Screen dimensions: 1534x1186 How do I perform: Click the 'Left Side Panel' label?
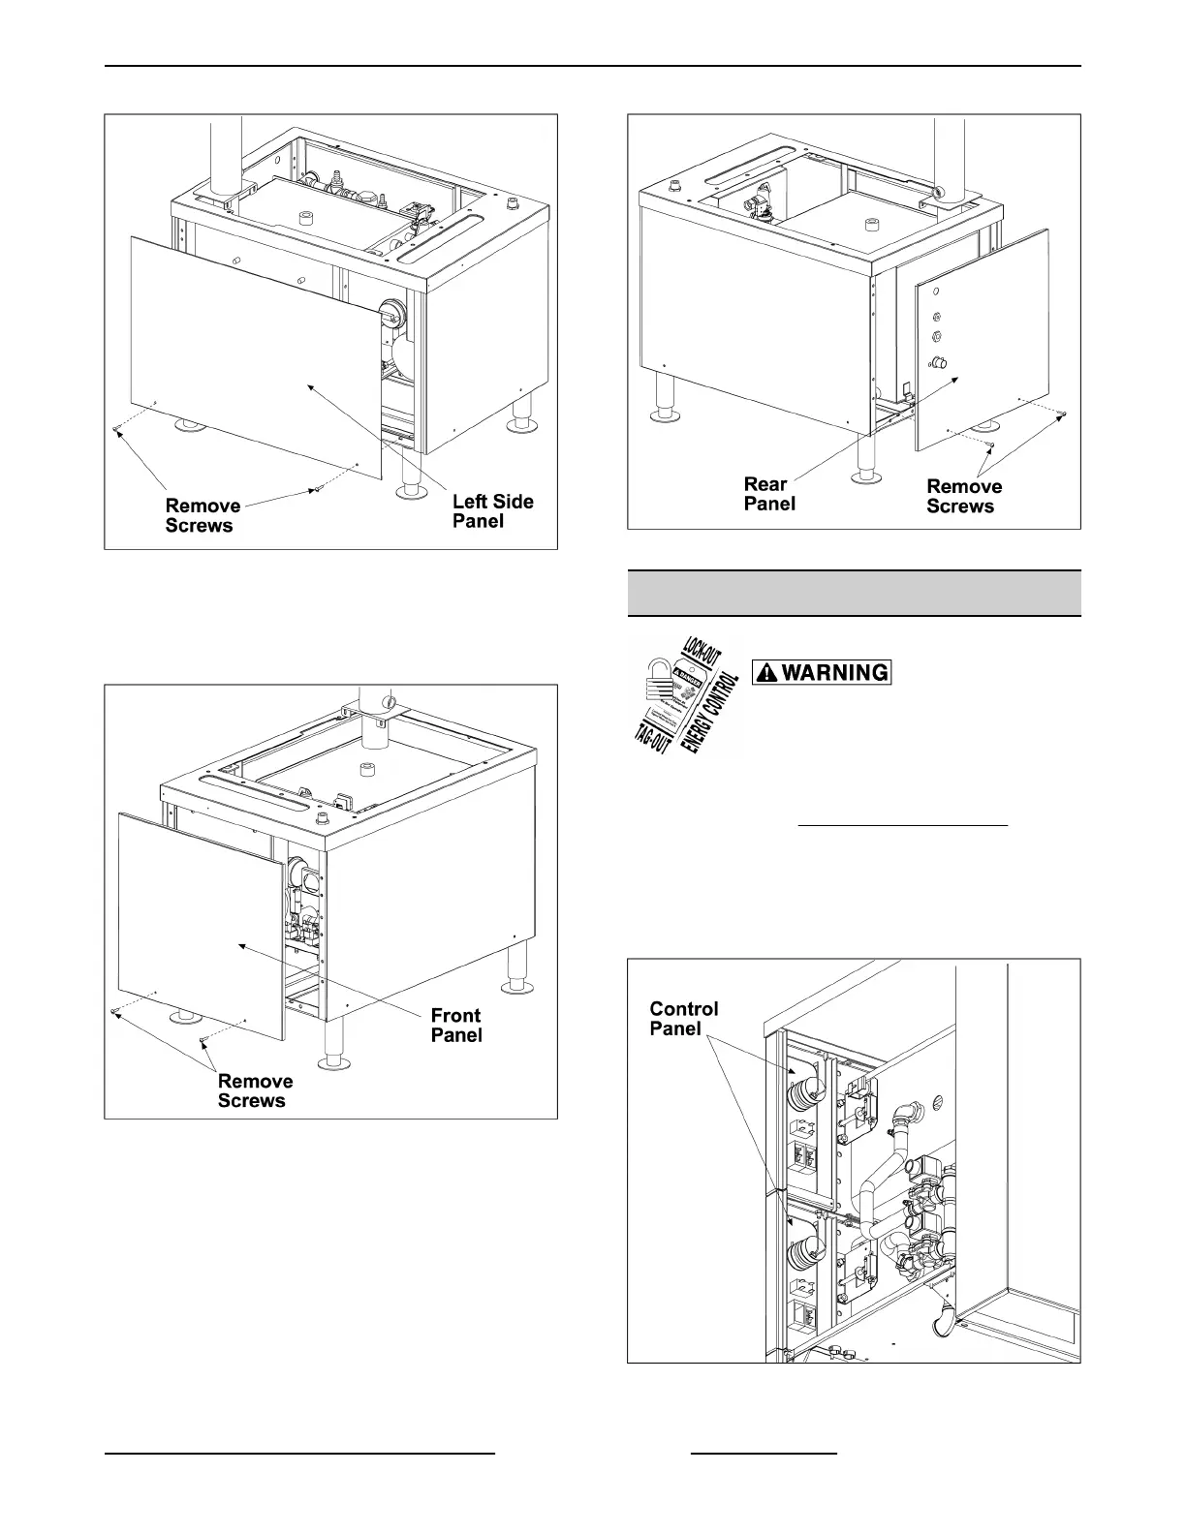(x=492, y=511)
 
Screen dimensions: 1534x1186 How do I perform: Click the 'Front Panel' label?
(x=455, y=1025)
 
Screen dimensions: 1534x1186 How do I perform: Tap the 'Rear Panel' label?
(x=769, y=493)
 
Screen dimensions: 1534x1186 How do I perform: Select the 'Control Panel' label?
(x=683, y=1019)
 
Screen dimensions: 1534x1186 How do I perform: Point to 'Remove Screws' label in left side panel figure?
(x=203, y=515)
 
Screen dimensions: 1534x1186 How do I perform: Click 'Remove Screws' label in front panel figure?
(x=255, y=1090)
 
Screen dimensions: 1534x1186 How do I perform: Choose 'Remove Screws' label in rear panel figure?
(x=964, y=496)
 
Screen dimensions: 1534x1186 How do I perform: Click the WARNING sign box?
(x=822, y=672)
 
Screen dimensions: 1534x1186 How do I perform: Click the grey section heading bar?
(x=854, y=593)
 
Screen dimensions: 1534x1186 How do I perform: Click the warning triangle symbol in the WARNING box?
(x=766, y=672)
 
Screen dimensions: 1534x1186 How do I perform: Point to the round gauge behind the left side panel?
(x=390, y=312)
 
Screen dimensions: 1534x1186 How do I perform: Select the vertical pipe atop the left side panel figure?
(x=226, y=155)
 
